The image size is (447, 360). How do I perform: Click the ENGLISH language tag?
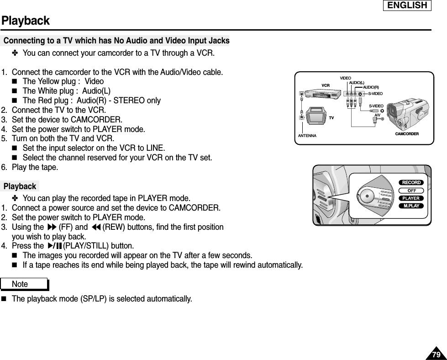pyautogui.click(x=407, y=5)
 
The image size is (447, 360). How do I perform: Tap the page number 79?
pyautogui.click(x=436, y=355)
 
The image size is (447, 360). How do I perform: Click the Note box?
pyautogui.click(x=30, y=284)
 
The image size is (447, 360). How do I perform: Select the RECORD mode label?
pyautogui.click(x=411, y=183)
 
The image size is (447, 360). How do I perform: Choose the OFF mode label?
pyautogui.click(x=411, y=191)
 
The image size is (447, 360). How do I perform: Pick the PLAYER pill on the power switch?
pyautogui.click(x=411, y=198)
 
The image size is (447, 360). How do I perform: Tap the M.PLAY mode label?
pyautogui.click(x=411, y=206)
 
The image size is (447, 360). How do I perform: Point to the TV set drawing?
pyautogui.click(x=316, y=116)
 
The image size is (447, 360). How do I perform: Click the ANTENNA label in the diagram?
pyautogui.click(x=307, y=136)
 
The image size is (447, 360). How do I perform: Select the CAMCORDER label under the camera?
pyautogui.click(x=407, y=134)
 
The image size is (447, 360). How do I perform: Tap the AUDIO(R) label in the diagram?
pyautogui.click(x=371, y=87)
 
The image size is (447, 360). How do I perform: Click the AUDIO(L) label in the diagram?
pyautogui.click(x=356, y=82)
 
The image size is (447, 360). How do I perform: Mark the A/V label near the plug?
pyautogui.click(x=378, y=115)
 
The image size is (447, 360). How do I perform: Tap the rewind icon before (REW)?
pyautogui.click(x=95, y=227)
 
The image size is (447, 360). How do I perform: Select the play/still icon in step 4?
pyautogui.click(x=54, y=246)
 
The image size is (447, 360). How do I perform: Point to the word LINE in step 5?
pyautogui.click(x=155, y=148)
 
